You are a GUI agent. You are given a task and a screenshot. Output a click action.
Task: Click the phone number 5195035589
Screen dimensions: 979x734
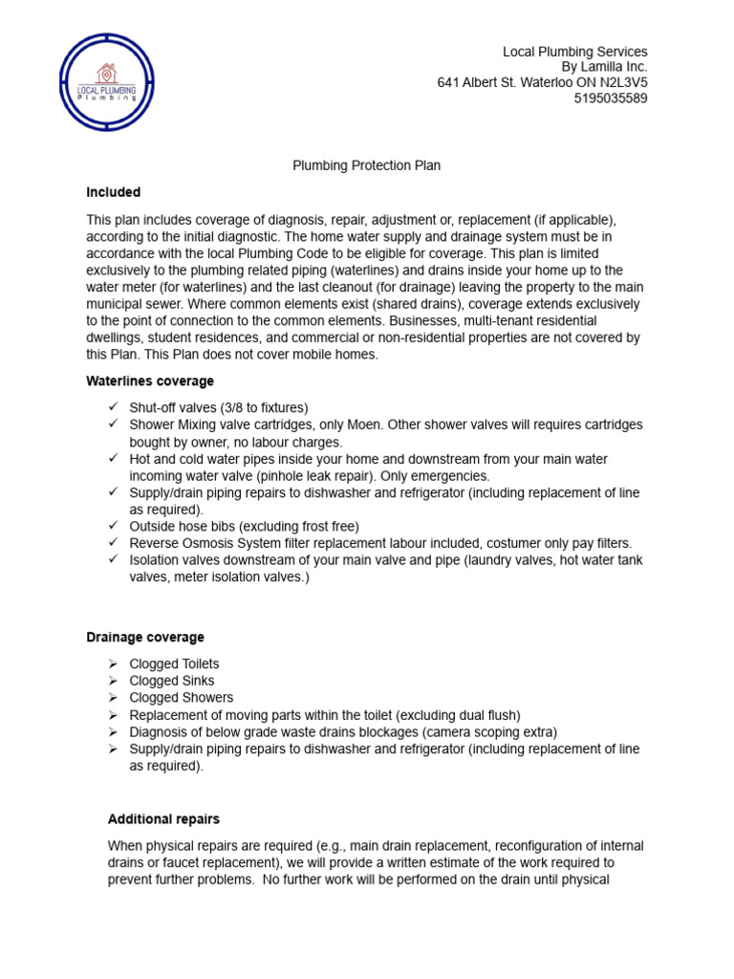coord(611,98)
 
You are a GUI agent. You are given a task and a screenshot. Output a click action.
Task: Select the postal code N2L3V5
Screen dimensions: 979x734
coord(619,83)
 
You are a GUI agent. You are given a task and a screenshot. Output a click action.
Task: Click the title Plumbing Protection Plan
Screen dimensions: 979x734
coord(366,165)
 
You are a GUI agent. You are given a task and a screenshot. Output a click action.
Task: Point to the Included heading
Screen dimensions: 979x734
coord(113,192)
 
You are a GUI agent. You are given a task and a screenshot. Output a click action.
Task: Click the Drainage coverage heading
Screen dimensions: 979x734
coord(144,637)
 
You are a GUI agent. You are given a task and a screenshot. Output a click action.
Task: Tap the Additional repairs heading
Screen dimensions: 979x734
coord(163,819)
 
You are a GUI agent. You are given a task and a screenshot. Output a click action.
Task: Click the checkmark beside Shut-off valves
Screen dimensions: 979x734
coord(113,407)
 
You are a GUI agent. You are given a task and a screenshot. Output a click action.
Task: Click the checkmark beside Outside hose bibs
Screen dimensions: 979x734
coord(113,526)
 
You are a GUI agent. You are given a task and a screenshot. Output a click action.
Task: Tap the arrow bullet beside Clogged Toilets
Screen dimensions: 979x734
coord(113,664)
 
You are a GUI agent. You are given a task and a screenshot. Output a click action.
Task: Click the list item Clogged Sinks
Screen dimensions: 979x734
coord(172,681)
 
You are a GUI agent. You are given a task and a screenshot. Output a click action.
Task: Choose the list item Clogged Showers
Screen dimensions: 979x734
coord(181,698)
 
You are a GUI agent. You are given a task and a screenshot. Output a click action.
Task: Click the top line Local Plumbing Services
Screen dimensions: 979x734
coord(574,51)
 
